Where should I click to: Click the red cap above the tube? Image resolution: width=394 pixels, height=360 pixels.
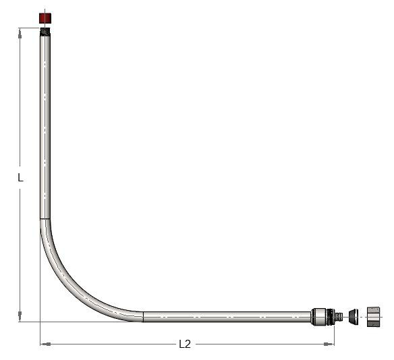46,18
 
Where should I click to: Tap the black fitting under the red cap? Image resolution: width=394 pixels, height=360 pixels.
45,30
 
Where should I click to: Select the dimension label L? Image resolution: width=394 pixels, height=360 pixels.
21,178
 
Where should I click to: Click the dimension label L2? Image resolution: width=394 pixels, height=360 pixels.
185,344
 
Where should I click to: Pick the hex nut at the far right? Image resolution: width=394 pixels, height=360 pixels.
375,316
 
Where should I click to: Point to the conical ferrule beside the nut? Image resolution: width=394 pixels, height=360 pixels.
354,316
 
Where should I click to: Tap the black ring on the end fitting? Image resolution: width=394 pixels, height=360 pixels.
329,316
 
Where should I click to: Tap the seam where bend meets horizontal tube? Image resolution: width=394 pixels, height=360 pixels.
143,316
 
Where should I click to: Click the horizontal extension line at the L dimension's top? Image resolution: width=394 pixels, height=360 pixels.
28,28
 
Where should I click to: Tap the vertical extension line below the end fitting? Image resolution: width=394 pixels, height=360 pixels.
334,334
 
